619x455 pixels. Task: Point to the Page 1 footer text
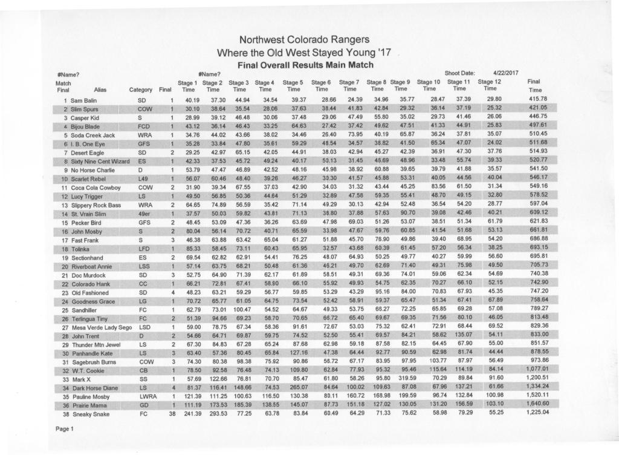pos(64,429)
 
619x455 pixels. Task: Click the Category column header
pos(141,89)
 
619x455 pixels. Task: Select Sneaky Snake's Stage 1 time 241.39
pos(192,413)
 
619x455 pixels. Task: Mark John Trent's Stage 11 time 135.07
pos(464,335)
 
